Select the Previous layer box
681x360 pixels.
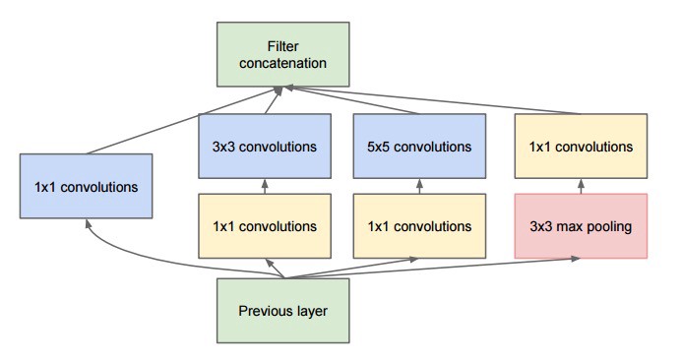[282, 312]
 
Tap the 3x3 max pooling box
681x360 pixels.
[581, 225]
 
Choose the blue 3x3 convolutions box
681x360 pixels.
[263, 148]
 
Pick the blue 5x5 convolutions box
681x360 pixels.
[420, 148]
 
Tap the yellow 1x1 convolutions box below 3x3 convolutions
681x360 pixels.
[263, 225]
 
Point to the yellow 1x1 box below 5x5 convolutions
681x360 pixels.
[420, 225]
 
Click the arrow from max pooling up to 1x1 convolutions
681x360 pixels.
[581, 187]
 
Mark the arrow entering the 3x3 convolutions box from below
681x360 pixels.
[263, 187]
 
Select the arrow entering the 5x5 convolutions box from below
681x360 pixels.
[420, 187]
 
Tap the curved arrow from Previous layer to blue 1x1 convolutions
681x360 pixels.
[148, 258]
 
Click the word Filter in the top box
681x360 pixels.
[266, 46]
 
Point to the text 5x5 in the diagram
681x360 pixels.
[378, 148]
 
